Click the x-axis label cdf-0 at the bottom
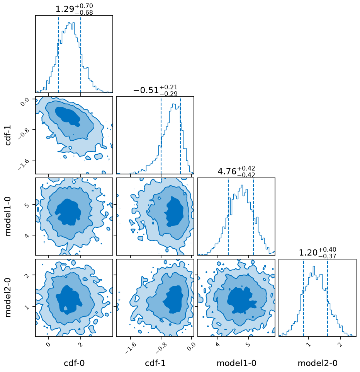(74, 363)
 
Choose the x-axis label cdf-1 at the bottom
(155, 363)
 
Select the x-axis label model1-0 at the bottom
(236, 363)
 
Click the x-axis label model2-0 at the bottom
(318, 363)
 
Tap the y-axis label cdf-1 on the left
(8, 135)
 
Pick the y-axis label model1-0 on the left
(8, 217)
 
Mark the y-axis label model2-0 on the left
(8, 297)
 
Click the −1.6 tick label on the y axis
(24, 164)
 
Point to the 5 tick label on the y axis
(27, 205)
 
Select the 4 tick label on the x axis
(218, 344)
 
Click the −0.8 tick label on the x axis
(161, 348)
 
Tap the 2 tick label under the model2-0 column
(340, 344)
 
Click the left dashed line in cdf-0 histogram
(58, 54)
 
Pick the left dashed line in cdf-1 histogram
(161, 135)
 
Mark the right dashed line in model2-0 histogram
(328, 297)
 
